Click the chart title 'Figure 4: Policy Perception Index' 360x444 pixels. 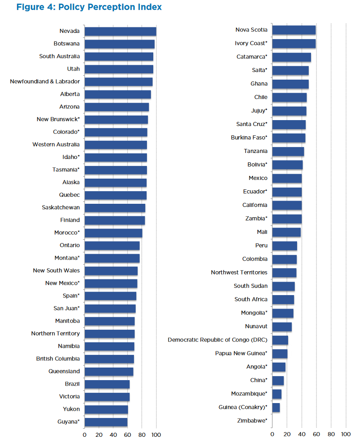click(x=89, y=8)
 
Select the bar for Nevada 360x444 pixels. click(x=120, y=31)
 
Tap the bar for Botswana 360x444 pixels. click(x=120, y=44)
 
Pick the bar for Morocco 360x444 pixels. click(x=113, y=233)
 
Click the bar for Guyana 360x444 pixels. click(x=106, y=422)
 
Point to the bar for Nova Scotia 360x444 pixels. click(x=294, y=30)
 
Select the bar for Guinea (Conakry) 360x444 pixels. click(x=276, y=407)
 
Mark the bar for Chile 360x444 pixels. click(x=289, y=97)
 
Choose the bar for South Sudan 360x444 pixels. click(x=284, y=286)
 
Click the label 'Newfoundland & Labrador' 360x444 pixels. click(x=45, y=81)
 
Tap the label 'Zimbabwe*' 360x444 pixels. click(x=252, y=421)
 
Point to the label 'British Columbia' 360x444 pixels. click(x=58, y=359)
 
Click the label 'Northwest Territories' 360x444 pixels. click(x=239, y=272)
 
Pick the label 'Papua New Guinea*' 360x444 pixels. click(x=241, y=353)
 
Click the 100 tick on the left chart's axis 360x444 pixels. click(x=156, y=435)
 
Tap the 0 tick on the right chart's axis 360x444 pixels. click(x=272, y=434)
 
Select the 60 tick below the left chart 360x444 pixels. click(x=128, y=435)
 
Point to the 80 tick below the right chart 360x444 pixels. click(x=331, y=434)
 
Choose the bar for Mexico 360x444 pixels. click(x=287, y=178)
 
